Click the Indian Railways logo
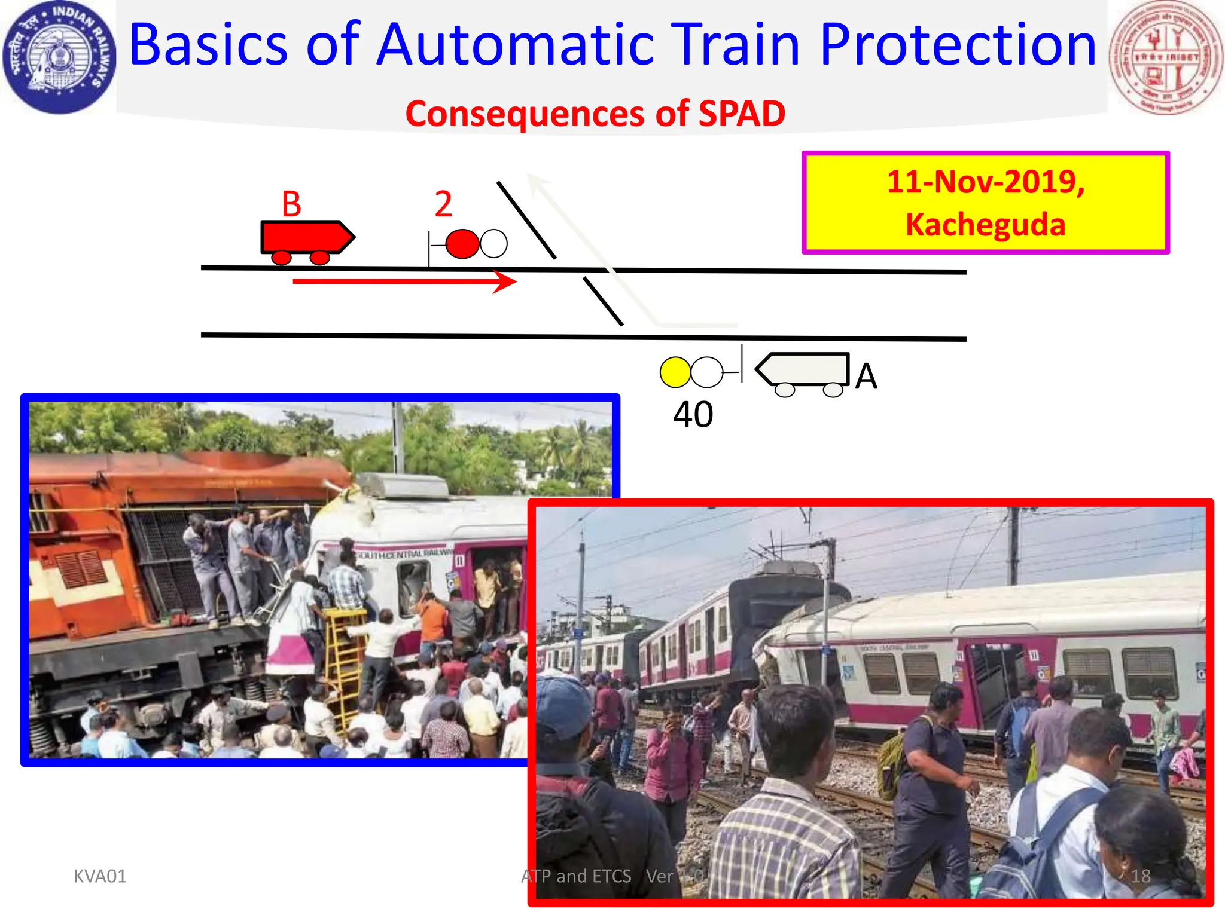click(x=59, y=57)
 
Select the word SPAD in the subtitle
click(x=742, y=114)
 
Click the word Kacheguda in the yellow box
click(x=985, y=225)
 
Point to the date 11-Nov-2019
click(x=985, y=182)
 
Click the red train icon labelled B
click(x=307, y=239)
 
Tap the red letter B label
click(x=291, y=204)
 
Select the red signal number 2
click(x=443, y=204)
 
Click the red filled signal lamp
click(x=462, y=244)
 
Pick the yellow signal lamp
click(x=675, y=372)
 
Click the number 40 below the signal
click(x=693, y=414)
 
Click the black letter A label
click(x=866, y=377)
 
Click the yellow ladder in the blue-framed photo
click(x=345, y=663)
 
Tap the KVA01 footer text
click(x=100, y=876)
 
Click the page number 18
click(x=1141, y=876)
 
